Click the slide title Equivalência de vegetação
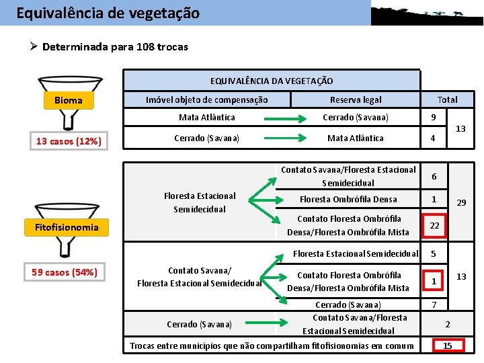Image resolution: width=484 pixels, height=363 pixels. [x=108, y=13]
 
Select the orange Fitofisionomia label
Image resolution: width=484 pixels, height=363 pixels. [x=67, y=227]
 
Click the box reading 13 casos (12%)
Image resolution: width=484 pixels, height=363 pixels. [x=69, y=141]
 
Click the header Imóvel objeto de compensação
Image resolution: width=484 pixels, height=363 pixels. [x=207, y=99]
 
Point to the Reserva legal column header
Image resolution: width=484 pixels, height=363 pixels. [x=356, y=99]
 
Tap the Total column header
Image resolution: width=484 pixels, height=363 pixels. [x=447, y=99]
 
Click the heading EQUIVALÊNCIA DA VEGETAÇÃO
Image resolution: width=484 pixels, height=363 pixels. [x=272, y=81]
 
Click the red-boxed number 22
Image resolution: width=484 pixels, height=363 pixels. [x=434, y=225]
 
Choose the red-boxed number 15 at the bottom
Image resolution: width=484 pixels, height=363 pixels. [x=448, y=346]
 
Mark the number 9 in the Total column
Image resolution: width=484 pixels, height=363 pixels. [x=434, y=118]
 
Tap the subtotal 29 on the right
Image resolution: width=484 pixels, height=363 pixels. [x=462, y=202]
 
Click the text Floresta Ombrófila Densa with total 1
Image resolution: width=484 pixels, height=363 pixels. [x=348, y=199]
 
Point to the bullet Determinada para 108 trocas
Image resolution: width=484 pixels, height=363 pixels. [x=114, y=47]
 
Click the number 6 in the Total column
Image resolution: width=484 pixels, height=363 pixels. [x=434, y=176]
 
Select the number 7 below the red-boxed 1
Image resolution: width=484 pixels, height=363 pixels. [x=434, y=305]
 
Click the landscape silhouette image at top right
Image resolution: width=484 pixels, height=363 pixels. [x=427, y=13]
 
